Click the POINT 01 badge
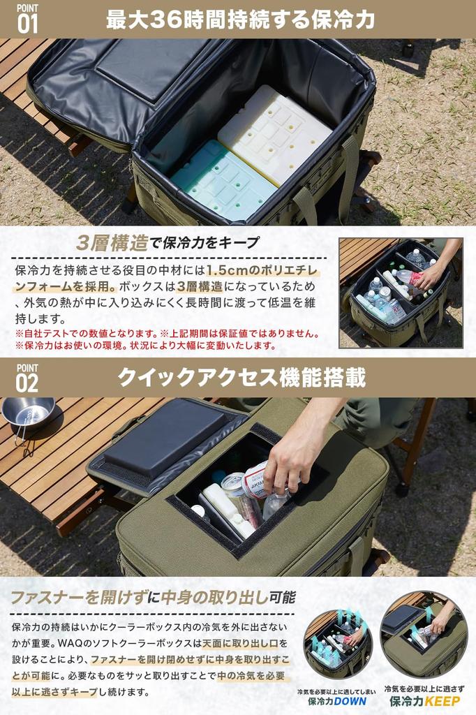pos(27,19)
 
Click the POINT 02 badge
pos(27,378)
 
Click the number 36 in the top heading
pos(164,20)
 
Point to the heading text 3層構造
pos(112,242)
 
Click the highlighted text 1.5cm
pos(227,270)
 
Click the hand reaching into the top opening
pos(301,447)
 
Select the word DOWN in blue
pos(350,701)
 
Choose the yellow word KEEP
pos(441,701)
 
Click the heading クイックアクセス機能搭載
pos(241,378)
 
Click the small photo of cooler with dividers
pos(401,293)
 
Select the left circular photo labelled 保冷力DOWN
pos(339,643)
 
